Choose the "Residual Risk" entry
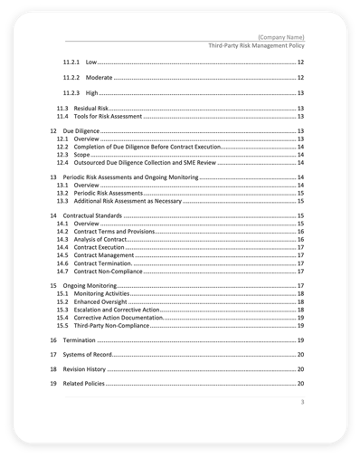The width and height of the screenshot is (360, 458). (x=91, y=109)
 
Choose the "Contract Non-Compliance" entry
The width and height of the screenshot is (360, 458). (x=109, y=271)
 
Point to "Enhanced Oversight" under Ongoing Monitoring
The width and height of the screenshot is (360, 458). (x=99, y=302)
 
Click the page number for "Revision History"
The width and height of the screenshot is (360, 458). (x=299, y=370)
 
